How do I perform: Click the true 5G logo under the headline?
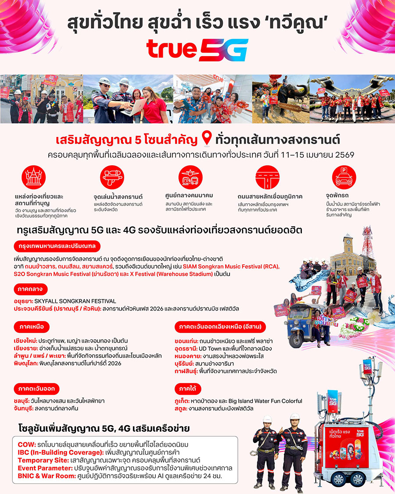click(x=197, y=50)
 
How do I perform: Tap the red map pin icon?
click(x=206, y=140)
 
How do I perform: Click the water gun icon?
click(x=112, y=178)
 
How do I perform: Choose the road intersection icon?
click(x=267, y=178)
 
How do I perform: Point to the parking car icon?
click(x=344, y=178)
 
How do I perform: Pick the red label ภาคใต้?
click(x=188, y=389)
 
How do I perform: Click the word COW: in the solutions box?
click(x=27, y=444)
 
